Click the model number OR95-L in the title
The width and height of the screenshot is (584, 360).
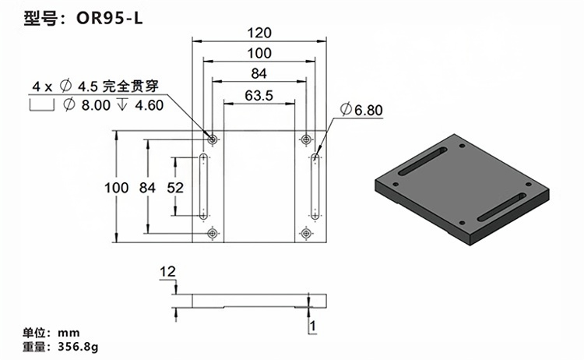[110, 18]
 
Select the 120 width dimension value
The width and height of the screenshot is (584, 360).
[259, 34]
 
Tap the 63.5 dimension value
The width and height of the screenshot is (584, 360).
[259, 96]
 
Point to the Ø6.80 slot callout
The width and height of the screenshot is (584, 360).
[361, 110]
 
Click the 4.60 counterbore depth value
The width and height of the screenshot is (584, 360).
[150, 105]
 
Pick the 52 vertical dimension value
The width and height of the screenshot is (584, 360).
[175, 188]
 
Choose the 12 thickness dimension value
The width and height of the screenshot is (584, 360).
[167, 271]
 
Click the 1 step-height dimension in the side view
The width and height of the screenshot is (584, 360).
[312, 326]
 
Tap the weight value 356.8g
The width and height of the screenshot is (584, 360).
[78, 347]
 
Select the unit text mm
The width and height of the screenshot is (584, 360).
[69, 333]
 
